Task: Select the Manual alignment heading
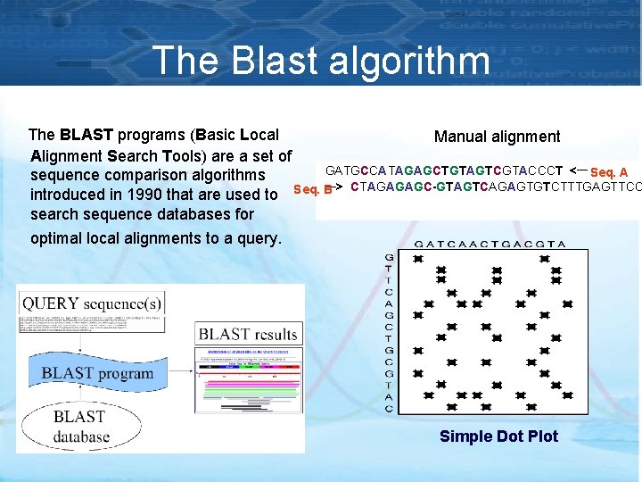[x=497, y=137]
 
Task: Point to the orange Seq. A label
[x=609, y=172]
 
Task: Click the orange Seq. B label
[x=312, y=189]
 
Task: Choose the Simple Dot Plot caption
[x=498, y=436]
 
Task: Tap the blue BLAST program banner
[x=99, y=373]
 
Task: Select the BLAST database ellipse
[x=80, y=427]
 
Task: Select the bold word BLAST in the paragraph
[x=86, y=136]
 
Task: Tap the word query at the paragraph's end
[x=259, y=238]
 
